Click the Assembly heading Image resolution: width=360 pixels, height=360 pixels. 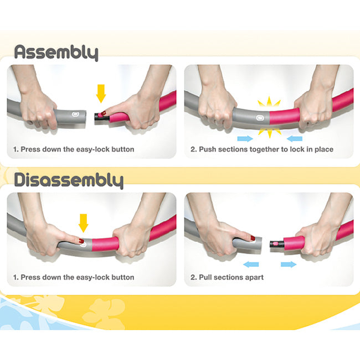point(56,53)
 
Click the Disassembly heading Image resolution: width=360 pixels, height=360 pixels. point(69,181)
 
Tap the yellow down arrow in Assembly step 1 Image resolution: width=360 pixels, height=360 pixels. point(101,94)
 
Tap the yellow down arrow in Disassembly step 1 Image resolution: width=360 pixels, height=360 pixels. point(83,223)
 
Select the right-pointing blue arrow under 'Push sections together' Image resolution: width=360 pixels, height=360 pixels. point(245,138)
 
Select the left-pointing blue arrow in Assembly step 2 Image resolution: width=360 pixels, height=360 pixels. point(295,138)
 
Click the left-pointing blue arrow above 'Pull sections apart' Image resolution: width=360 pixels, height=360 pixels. point(251,265)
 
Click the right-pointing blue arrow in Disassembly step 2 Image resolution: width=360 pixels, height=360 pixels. point(289,265)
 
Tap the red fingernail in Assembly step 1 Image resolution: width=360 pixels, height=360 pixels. point(104,113)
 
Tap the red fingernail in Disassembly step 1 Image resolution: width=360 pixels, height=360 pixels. point(81,241)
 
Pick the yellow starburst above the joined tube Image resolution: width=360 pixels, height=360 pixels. point(269,102)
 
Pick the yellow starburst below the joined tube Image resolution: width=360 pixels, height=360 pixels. point(270,132)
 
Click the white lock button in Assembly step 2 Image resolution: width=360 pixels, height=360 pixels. point(260,118)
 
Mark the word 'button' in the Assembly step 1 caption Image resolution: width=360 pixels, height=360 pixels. point(123,150)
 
